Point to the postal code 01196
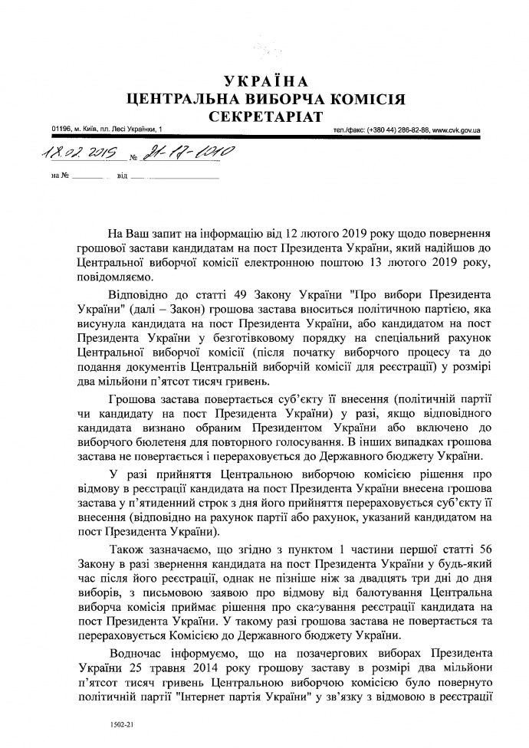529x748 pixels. click(60, 130)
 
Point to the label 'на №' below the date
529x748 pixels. click(60, 177)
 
